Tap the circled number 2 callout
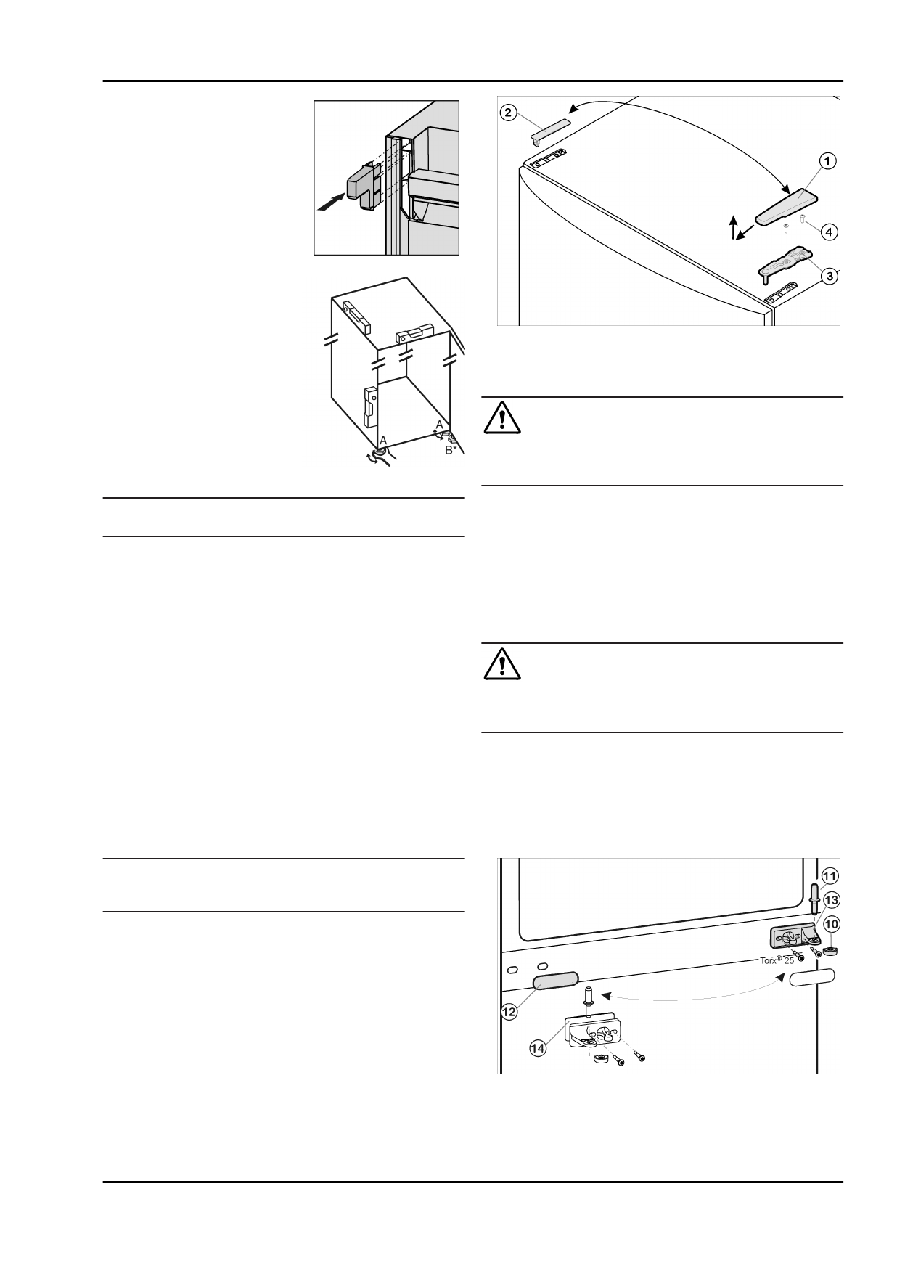[x=509, y=113]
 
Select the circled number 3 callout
[x=829, y=276]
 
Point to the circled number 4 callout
[x=829, y=232]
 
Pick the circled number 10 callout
[x=831, y=924]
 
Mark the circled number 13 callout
[x=831, y=900]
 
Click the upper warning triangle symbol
[x=502, y=417]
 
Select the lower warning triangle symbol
[x=502, y=663]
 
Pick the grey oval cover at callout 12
[x=557, y=981]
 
